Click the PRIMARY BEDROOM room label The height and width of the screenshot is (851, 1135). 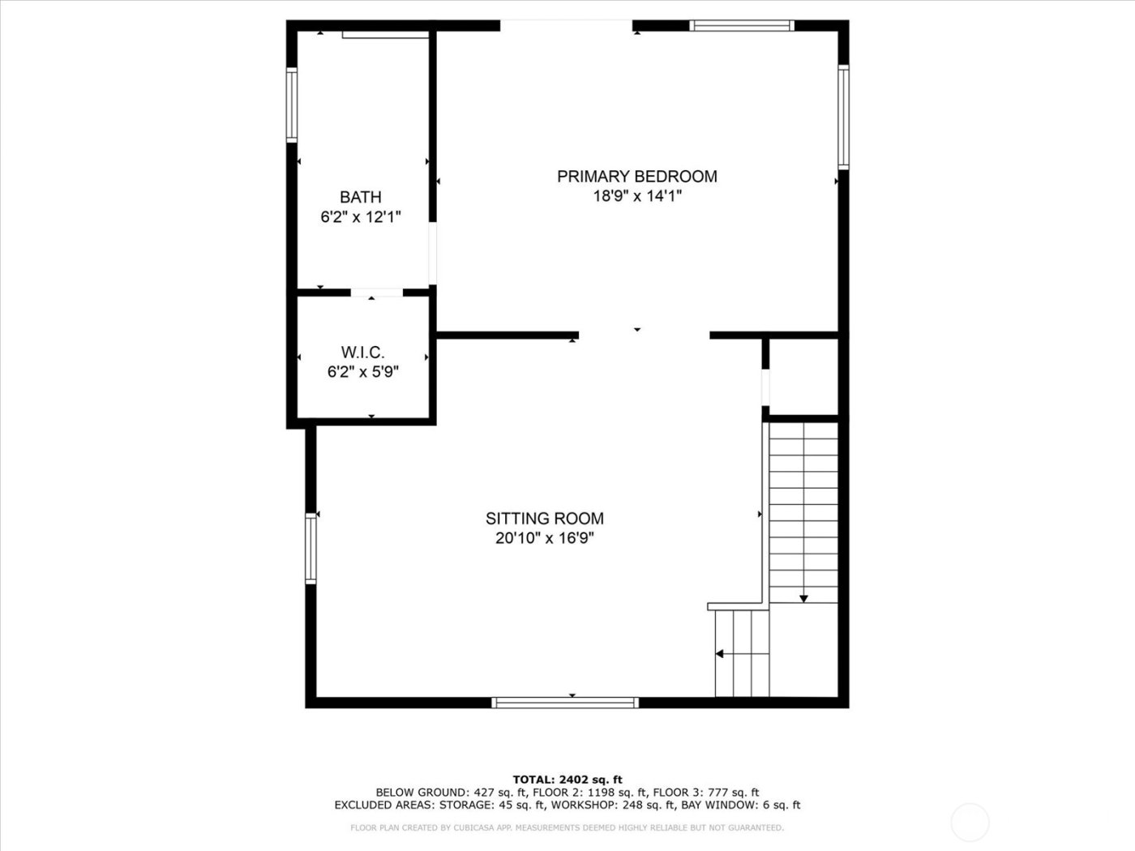coord(636,176)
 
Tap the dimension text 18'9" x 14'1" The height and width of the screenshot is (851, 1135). coord(636,196)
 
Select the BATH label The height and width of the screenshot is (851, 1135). coord(360,197)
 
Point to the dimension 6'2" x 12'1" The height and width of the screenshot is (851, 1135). coord(361,217)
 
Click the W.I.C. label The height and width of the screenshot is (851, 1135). coord(362,353)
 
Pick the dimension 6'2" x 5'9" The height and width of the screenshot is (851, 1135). coord(362,372)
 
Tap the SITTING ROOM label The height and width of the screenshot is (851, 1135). coord(544,519)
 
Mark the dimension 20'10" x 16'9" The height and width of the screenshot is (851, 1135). coord(544,538)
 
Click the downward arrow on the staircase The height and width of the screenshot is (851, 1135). coord(803,598)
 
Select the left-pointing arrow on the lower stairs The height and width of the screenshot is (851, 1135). coord(719,653)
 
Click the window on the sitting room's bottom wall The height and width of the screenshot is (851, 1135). coord(565,702)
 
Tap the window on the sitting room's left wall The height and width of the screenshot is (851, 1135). coord(311,548)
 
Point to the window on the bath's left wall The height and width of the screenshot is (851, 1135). coord(292,105)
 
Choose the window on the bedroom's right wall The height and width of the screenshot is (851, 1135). coord(843,118)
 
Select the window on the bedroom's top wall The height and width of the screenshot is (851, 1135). coord(741,26)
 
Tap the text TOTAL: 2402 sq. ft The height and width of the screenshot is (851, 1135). coord(567,780)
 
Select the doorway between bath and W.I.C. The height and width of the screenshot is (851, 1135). coord(376,293)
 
